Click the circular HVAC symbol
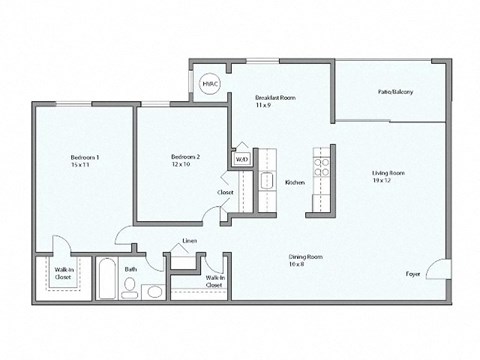click(211, 86)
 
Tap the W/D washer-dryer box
click(241, 159)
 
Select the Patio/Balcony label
click(395, 92)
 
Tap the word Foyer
click(412, 272)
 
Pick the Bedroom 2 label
click(185, 160)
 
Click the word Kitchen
click(294, 183)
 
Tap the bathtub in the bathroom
click(105, 278)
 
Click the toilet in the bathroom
click(129, 288)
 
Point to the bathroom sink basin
click(152, 292)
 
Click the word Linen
click(188, 242)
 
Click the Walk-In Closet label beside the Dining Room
click(214, 281)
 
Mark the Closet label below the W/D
click(226, 192)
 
